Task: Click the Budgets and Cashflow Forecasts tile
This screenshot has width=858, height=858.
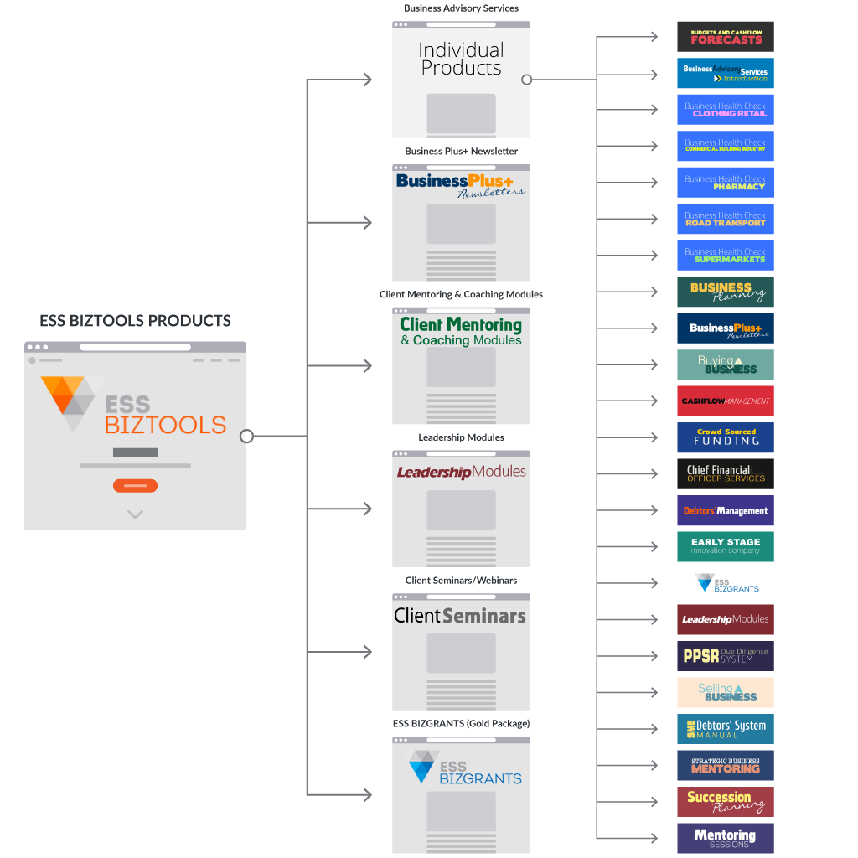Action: point(725,37)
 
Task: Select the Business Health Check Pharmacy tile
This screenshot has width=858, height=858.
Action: point(725,183)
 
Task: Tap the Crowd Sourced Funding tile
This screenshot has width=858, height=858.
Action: point(725,437)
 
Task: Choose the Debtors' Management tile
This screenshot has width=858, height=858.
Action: point(725,510)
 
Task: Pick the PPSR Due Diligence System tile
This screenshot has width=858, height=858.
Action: point(725,656)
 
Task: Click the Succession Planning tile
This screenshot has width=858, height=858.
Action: point(725,802)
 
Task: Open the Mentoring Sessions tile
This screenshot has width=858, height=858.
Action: point(725,838)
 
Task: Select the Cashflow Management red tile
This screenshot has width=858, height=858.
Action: point(725,401)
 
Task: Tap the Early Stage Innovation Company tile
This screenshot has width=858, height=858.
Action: point(725,546)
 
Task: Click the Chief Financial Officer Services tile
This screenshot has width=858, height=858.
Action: point(725,473)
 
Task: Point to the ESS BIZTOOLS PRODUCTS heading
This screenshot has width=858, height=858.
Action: point(135,321)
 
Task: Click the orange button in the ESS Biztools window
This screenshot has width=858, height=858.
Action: point(135,486)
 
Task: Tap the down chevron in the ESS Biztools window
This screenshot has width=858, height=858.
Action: point(135,514)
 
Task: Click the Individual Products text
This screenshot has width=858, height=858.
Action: point(461,59)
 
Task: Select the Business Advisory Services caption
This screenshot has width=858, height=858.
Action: point(461,8)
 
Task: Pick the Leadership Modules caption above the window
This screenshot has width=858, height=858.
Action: point(461,437)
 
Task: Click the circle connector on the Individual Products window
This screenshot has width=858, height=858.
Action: point(526,80)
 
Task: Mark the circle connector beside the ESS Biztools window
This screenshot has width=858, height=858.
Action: point(246,436)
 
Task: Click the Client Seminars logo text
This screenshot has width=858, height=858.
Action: point(460,616)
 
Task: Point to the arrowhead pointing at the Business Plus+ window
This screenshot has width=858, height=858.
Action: point(367,223)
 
